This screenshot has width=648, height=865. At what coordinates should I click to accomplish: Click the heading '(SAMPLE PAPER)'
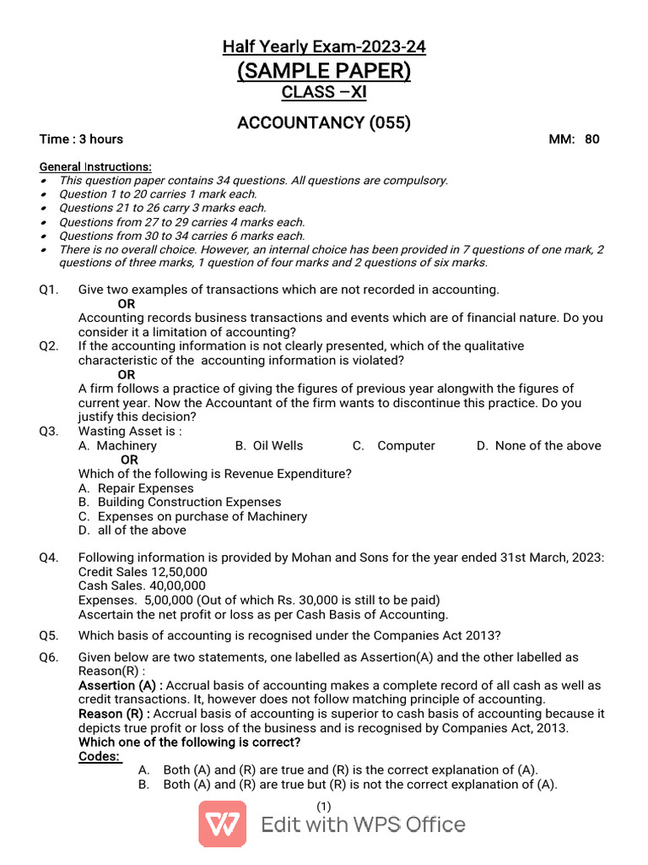[324, 71]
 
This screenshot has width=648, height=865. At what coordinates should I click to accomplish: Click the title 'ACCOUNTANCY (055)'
[324, 123]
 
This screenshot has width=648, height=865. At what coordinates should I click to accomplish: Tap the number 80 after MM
[592, 139]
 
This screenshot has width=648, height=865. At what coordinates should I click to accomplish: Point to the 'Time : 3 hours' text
[81, 139]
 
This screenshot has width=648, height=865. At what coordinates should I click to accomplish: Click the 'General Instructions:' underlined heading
[95, 167]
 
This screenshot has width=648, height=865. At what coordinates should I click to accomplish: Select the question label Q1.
[49, 290]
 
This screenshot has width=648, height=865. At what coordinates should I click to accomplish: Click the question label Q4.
[49, 558]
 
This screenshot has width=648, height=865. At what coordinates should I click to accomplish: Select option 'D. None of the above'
[538, 446]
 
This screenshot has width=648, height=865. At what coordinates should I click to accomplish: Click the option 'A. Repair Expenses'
[136, 488]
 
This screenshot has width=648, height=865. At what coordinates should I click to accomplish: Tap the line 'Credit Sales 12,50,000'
[143, 572]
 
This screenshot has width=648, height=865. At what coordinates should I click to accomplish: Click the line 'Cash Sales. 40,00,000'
[142, 586]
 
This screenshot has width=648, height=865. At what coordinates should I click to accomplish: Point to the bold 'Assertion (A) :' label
[121, 686]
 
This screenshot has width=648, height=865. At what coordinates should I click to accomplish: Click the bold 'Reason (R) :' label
[114, 715]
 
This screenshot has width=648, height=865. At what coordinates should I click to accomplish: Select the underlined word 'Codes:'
[100, 757]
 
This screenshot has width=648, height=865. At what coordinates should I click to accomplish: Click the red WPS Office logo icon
[223, 824]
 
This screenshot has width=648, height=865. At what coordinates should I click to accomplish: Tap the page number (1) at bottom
[324, 807]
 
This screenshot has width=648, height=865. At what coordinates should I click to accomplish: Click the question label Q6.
[49, 657]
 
